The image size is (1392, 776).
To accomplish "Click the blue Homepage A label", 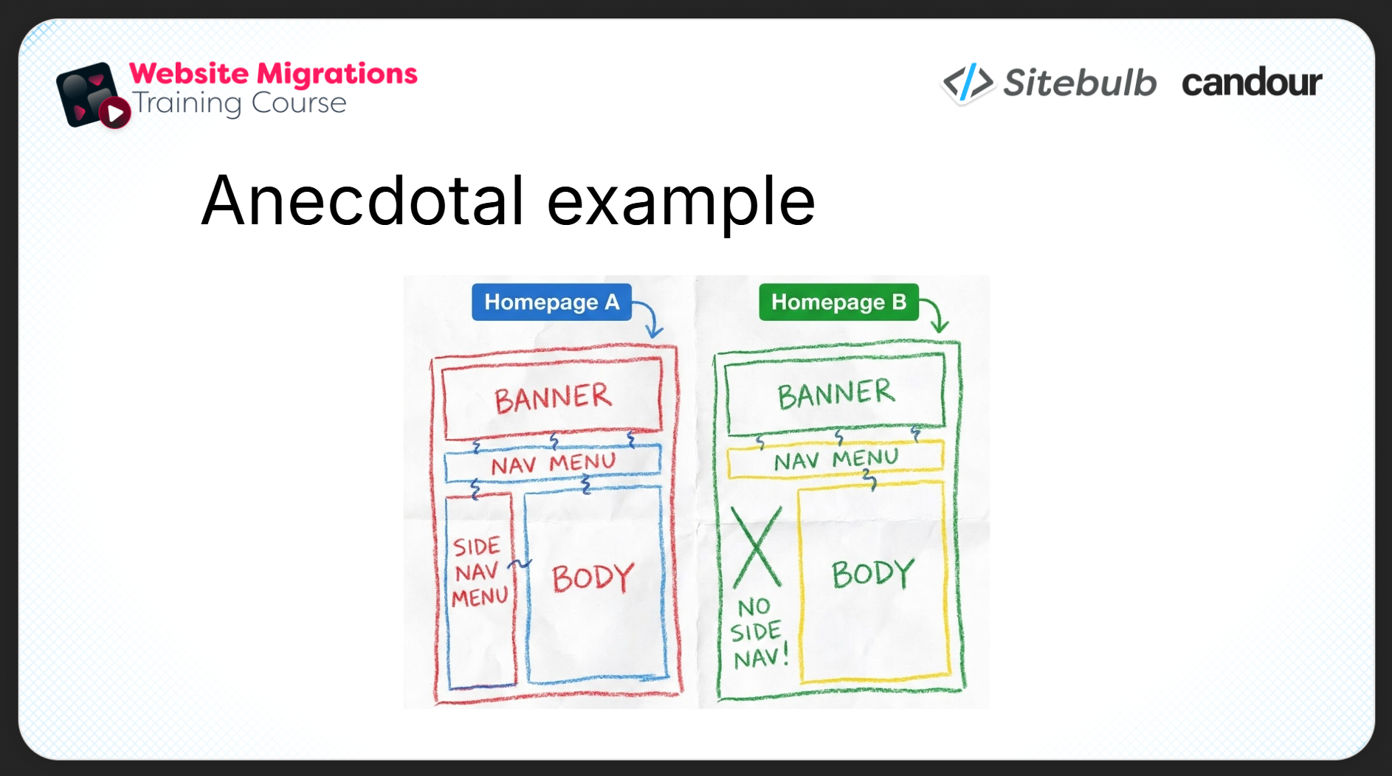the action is coord(551,302).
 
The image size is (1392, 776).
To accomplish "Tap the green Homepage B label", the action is coord(838,302).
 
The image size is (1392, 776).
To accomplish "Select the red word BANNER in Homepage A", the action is coord(553,398).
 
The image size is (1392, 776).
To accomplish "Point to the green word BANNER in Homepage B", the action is coord(836,394).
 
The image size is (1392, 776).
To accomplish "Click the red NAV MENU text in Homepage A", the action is coord(554,464).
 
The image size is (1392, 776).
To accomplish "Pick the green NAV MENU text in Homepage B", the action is coord(836,460).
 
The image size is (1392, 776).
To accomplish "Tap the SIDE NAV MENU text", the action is coord(480,572).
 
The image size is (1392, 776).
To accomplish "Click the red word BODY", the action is coord(593,578).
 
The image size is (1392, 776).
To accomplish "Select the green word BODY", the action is coord(873,573).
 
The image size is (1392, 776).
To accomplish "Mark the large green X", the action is coord(757,547).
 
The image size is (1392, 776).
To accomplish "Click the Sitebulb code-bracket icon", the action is coord(968,82).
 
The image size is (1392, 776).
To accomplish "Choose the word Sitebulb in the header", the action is coord(1080,83).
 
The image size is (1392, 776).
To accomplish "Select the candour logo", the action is coord(1252,82).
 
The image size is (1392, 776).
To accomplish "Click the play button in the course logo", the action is coord(115,113).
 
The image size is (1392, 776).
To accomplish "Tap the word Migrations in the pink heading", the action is coord(337,74).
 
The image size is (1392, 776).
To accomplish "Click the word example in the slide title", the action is coord(681,204).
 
